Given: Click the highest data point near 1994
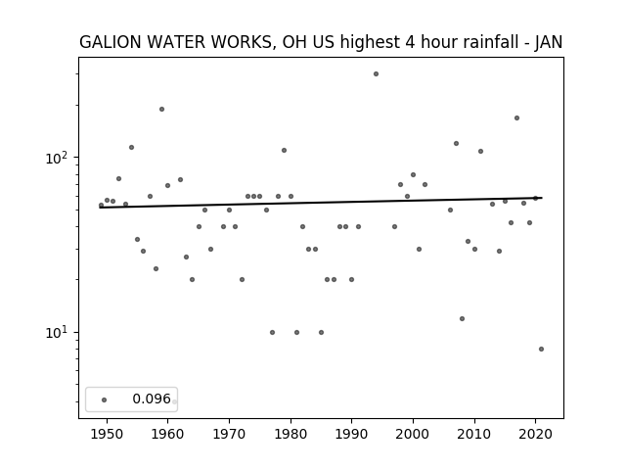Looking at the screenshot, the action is tap(376, 74).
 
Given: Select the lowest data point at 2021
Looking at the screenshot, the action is tap(541, 349).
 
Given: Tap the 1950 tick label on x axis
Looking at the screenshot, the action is tap(107, 434).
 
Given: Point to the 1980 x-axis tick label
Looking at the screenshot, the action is tap(291, 434).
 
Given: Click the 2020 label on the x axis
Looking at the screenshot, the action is tap(535, 434).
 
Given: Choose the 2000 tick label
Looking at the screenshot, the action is tap(413, 434).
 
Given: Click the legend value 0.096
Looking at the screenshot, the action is tap(152, 399).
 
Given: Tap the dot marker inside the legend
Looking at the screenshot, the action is tap(105, 399).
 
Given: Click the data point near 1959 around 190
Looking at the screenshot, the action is tap(161, 109).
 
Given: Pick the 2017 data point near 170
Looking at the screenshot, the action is tap(516, 117).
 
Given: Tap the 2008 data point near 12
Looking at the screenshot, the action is tap(462, 318).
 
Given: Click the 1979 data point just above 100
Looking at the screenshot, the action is tap(284, 150).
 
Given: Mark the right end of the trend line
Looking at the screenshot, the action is tap(542, 198).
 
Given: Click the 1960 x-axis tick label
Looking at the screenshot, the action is tap(167, 434).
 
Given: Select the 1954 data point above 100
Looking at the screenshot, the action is tap(131, 148).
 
